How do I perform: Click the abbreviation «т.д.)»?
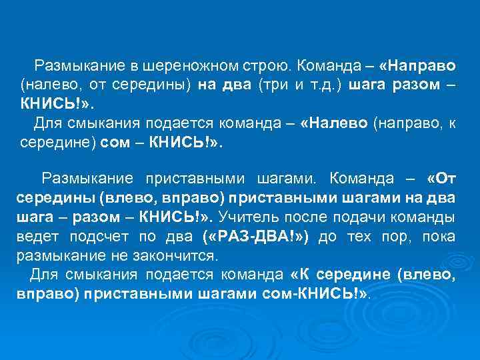click(x=323, y=85)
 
